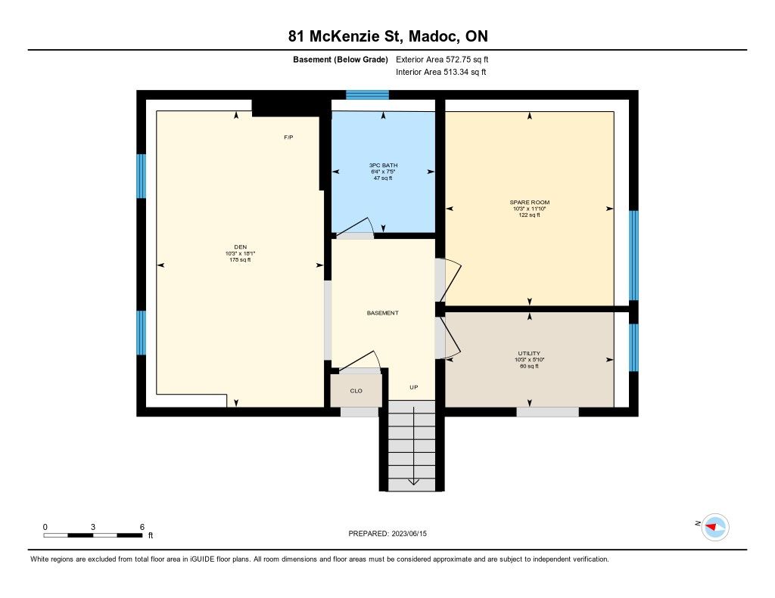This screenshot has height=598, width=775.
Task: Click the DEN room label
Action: click(x=240, y=247)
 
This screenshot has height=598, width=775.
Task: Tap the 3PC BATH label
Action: click(x=383, y=165)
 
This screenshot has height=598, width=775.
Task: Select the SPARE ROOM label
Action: click(x=529, y=202)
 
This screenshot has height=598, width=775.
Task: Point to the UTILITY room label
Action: click(x=529, y=353)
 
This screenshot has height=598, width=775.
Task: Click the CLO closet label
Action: click(x=356, y=391)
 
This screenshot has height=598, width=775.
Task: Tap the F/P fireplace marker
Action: click(x=288, y=138)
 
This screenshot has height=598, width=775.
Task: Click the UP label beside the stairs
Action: click(x=414, y=387)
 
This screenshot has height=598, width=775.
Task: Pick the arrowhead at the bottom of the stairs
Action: click(x=412, y=482)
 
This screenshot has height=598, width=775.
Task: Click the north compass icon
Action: click(x=715, y=527)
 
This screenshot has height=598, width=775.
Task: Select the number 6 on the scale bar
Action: click(x=142, y=527)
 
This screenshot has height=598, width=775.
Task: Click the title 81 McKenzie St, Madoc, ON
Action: click(x=388, y=36)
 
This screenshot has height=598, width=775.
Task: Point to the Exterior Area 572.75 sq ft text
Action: click(x=442, y=59)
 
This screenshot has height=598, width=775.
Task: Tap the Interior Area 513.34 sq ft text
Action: click(x=441, y=72)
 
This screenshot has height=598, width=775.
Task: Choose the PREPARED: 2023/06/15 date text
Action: click(x=387, y=533)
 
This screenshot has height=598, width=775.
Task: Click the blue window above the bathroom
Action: click(x=367, y=95)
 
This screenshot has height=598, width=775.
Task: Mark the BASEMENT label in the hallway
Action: click(x=382, y=312)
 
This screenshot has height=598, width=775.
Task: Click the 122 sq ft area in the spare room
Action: click(x=529, y=215)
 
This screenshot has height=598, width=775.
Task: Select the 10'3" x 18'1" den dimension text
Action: click(x=240, y=253)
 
